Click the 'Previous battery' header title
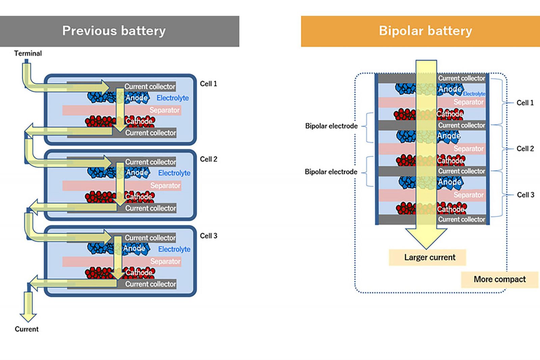(114, 31)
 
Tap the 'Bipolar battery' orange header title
(425, 31)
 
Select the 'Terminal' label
(28, 53)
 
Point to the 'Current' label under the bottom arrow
(27, 329)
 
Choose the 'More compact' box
(500, 279)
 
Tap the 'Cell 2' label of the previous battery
(208, 159)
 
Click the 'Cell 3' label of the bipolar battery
(525, 195)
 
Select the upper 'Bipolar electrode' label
(331, 126)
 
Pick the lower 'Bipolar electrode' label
(331, 172)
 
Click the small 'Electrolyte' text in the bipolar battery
(474, 94)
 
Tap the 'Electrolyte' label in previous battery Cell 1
(172, 98)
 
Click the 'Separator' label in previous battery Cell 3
(165, 261)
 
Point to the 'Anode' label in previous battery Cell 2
(137, 172)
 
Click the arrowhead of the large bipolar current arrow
(426, 238)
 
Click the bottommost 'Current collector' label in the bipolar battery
(461, 219)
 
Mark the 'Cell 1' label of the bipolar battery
(525, 103)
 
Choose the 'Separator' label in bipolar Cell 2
(468, 148)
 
